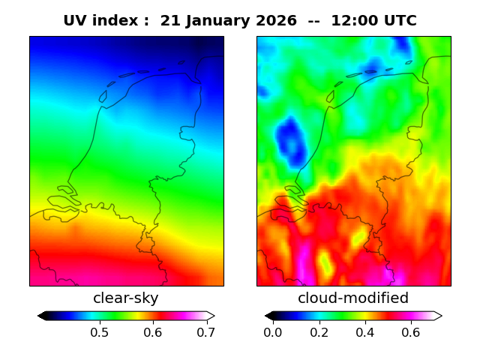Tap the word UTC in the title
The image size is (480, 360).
click(x=398, y=21)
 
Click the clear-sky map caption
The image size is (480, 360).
click(x=126, y=298)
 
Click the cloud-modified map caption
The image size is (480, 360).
click(x=353, y=298)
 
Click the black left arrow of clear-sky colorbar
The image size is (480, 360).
click(x=42, y=316)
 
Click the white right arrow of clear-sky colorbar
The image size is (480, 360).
click(x=211, y=316)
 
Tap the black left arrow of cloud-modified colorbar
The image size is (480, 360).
click(x=269, y=316)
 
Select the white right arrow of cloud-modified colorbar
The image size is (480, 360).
click(x=437, y=316)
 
